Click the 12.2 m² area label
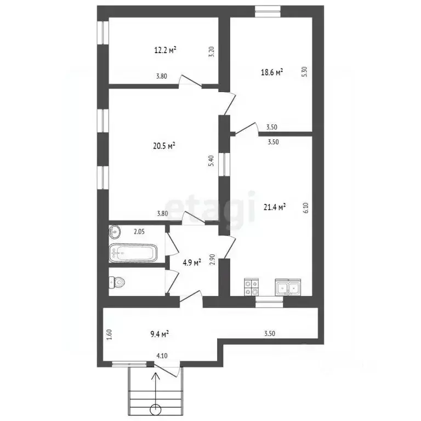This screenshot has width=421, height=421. pyautogui.click(x=165, y=50)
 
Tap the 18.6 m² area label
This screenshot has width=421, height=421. pyautogui.click(x=272, y=72)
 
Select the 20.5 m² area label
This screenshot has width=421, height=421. pyautogui.click(x=164, y=146)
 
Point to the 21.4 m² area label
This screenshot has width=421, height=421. pyautogui.click(x=275, y=207)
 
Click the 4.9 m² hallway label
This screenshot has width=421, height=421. pyautogui.click(x=192, y=263)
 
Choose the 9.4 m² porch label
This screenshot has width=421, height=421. pyautogui.click(x=160, y=334)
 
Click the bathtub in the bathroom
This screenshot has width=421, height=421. pyautogui.click(x=133, y=253)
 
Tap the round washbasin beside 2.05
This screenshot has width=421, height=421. pyautogui.click(x=115, y=231)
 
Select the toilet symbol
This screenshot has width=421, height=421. pyautogui.click(x=117, y=282)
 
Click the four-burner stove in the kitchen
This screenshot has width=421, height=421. pyautogui.click(x=251, y=287)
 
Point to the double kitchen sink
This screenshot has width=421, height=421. pyautogui.click(x=288, y=287)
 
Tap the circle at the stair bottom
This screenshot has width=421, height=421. pyautogui.click(x=156, y=409)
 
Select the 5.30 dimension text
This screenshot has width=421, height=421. pyautogui.click(x=304, y=72)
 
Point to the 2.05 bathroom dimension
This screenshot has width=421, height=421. pyautogui.click(x=139, y=231)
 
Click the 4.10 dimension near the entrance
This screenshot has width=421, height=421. pyautogui.click(x=162, y=356)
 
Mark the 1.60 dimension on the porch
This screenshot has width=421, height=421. pyautogui.click(x=109, y=334)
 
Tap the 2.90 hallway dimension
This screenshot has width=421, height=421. pyautogui.click(x=212, y=260)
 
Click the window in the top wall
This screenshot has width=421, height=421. pyautogui.click(x=268, y=12)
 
